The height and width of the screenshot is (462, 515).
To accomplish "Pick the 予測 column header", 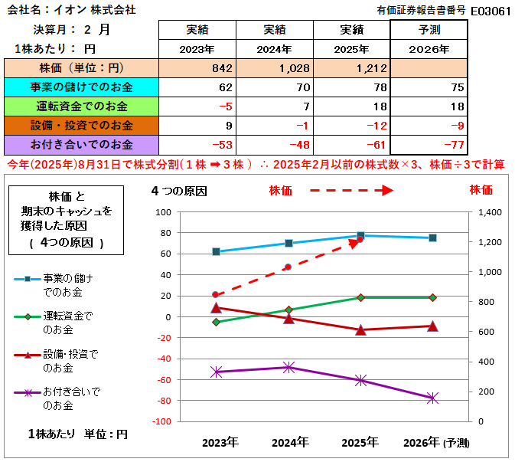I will point(429,29).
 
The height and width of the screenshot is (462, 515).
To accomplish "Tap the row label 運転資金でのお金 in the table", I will point(80,106).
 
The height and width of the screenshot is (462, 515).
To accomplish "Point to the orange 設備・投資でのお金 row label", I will point(80,125).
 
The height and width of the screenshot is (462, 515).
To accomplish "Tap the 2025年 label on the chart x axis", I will point(360,442).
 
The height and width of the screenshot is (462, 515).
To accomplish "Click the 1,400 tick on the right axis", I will point(490,212).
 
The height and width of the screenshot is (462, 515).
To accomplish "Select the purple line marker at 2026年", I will point(432,398).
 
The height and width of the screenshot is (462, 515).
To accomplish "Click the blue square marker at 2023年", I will point(217,251).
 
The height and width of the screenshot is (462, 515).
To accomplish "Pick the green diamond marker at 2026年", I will point(432,297).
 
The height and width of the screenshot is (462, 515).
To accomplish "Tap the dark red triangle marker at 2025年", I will point(360,329).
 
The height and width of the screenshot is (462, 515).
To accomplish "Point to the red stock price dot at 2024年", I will point(288,267).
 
